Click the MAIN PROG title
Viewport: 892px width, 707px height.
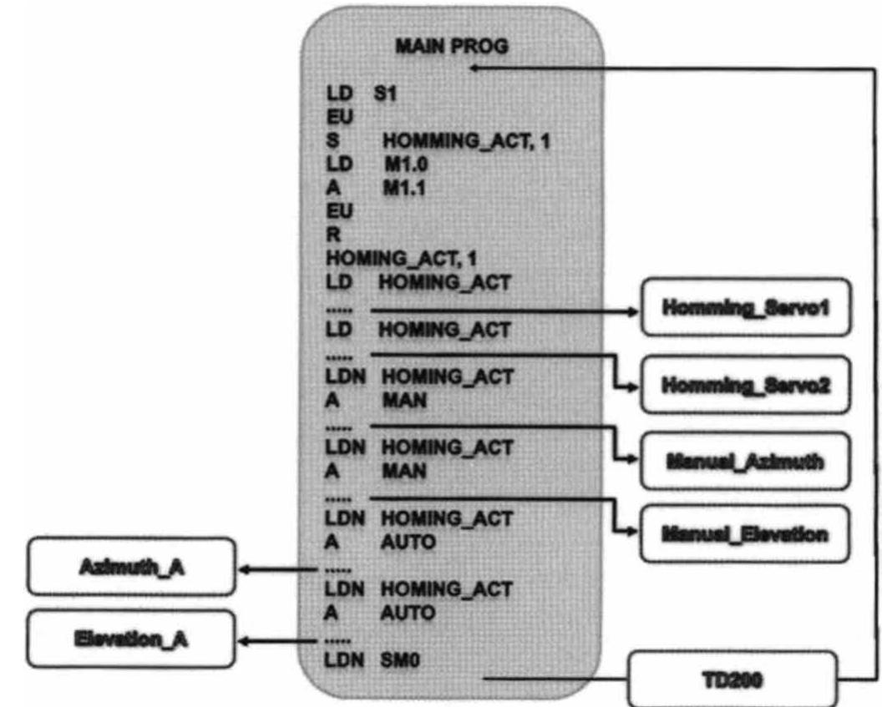coord(451,47)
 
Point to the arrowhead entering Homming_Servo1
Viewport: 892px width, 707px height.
coord(631,311)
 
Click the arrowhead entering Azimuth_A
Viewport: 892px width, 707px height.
coord(245,570)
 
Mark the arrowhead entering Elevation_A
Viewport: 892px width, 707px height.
coord(245,641)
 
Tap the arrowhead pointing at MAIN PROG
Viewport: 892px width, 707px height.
coord(473,68)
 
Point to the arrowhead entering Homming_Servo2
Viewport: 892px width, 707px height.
coord(631,387)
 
